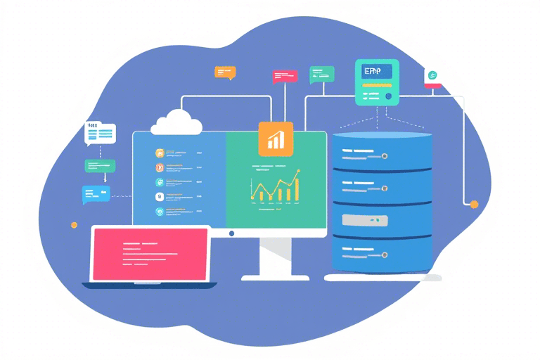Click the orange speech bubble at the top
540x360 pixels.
pyautogui.click(x=225, y=72)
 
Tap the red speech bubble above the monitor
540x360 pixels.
pyautogui.click(x=285, y=76)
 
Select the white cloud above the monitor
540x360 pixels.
pyautogui.click(x=177, y=123)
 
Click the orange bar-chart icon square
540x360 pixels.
pyautogui.click(x=276, y=139)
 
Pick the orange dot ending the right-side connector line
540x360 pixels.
pyautogui.click(x=474, y=204)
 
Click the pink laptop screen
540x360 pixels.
pyautogui.click(x=150, y=254)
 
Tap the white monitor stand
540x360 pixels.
pyautogui.click(x=275, y=262)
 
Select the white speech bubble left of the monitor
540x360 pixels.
pyautogui.click(x=99, y=132)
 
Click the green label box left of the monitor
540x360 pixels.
pyautogui.click(x=100, y=166)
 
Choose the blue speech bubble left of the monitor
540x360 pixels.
pyautogui.click(x=96, y=193)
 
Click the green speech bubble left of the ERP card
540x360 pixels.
pyautogui.click(x=322, y=73)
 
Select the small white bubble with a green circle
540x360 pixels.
pyautogui.click(x=432, y=77)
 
